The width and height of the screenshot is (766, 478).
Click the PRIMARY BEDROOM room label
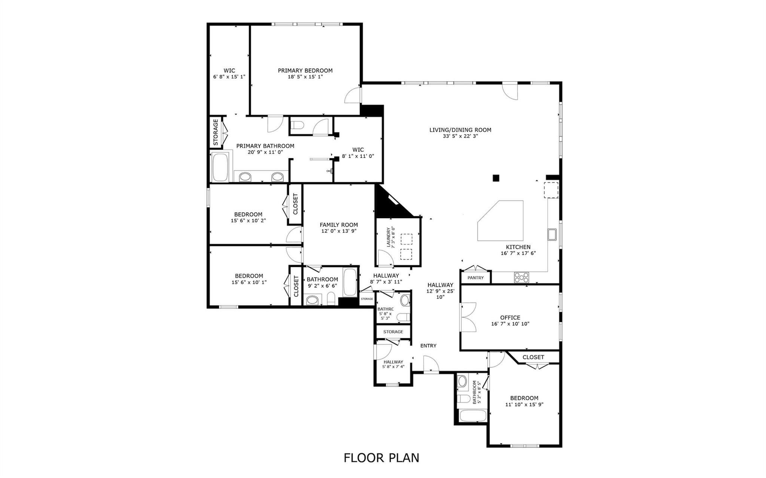pyautogui.click(x=305, y=70)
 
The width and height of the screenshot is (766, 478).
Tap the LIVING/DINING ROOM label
pyautogui.click(x=460, y=130)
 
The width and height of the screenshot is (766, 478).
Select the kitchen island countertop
pyautogui.click(x=500, y=220)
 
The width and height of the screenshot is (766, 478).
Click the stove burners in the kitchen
pyautogui.click(x=521, y=277)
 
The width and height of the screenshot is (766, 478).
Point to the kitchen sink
pyautogui.click(x=552, y=234)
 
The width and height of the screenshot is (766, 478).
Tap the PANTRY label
pyautogui.click(x=476, y=278)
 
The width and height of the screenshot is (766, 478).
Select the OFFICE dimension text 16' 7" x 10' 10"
pyautogui.click(x=510, y=324)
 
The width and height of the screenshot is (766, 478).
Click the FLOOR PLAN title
pyautogui.click(x=381, y=458)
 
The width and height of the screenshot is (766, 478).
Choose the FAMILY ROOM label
pyautogui.click(x=339, y=225)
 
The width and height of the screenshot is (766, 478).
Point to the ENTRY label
pyautogui.click(x=428, y=345)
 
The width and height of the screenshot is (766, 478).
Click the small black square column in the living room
pyautogui.click(x=496, y=178)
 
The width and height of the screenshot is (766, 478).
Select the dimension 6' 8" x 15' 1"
pyautogui.click(x=229, y=77)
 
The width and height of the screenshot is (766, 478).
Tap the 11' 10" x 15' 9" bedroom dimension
pyautogui.click(x=524, y=404)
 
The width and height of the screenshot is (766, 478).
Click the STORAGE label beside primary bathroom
pyautogui.click(x=216, y=132)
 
